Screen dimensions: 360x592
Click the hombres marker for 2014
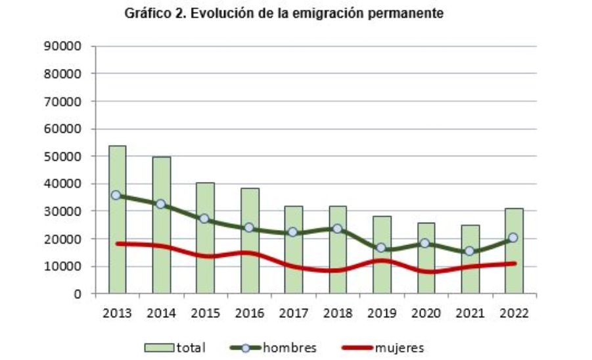[161, 204]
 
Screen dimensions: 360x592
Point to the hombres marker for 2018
[338, 229]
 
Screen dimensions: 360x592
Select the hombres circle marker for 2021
[470, 251]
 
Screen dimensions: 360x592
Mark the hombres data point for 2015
[205, 219]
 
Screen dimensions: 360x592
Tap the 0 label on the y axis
[77, 294]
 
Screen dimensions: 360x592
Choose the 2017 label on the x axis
[294, 313]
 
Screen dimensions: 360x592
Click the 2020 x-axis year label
[426, 313]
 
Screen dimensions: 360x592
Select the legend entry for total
[175, 348]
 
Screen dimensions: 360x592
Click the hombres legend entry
[276, 348]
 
